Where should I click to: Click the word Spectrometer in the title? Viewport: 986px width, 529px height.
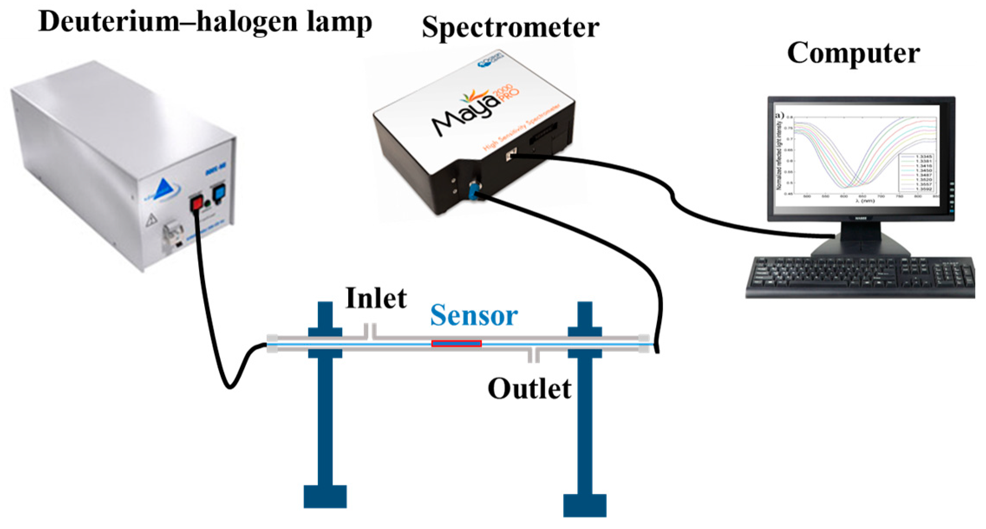510,28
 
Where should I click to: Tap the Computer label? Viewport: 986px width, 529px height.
853,53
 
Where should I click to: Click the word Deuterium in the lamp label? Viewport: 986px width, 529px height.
108,21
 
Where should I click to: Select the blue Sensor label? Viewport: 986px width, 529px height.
473,315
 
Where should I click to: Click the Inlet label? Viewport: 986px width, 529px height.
376,299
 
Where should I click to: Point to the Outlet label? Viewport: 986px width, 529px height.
529,389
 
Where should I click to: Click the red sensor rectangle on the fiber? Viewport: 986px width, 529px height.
456,343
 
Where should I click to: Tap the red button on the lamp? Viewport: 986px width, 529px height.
196,202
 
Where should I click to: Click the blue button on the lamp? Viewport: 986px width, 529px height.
220,191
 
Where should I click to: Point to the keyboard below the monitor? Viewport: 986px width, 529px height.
861,276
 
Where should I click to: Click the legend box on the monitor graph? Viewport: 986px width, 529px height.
916,172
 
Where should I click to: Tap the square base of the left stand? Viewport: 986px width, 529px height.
325,496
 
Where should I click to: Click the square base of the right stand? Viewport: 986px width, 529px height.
584,505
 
